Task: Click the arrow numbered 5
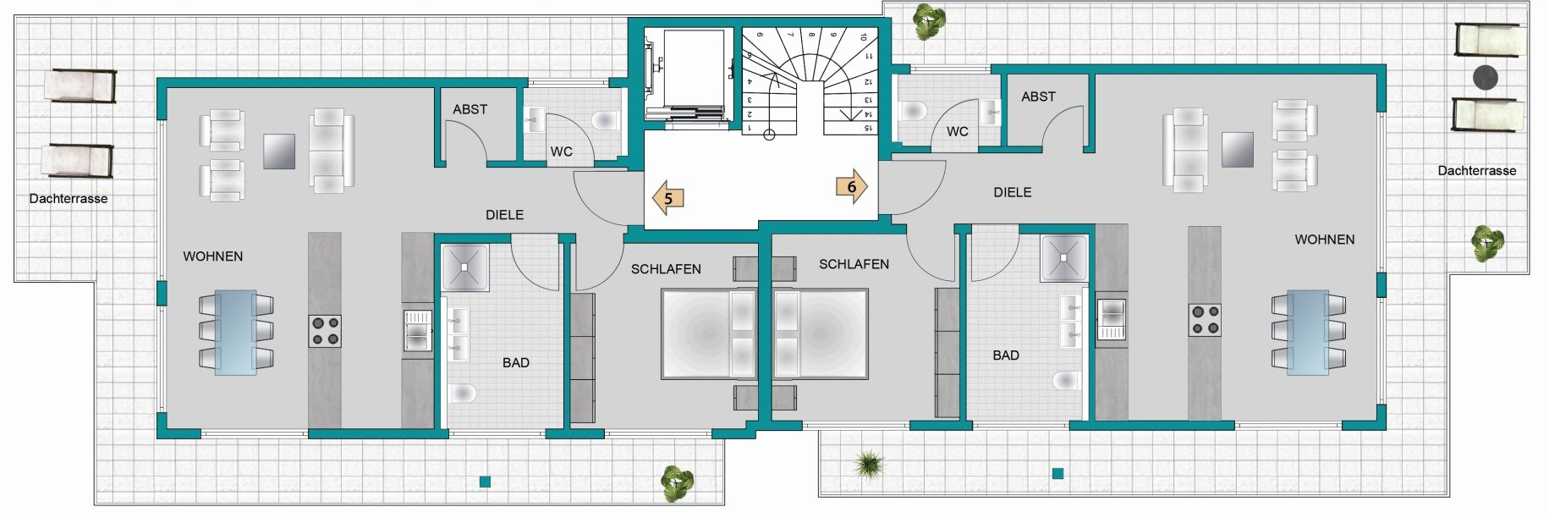click(x=667, y=198)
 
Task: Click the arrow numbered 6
click(x=852, y=187)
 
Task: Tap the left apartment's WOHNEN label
click(x=213, y=256)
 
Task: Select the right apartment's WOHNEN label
click(x=1325, y=240)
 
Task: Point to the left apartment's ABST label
click(x=470, y=109)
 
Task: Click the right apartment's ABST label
click(x=1039, y=96)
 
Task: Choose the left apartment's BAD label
click(x=516, y=362)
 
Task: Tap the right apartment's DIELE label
click(x=1013, y=192)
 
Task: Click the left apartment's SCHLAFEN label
click(x=666, y=269)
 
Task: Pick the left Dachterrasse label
click(x=69, y=199)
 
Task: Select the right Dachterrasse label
click(x=1477, y=171)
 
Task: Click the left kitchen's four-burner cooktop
click(x=324, y=331)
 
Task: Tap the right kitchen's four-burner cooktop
click(x=1205, y=320)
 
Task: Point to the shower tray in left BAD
click(x=464, y=267)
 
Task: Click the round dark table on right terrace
click(x=1486, y=78)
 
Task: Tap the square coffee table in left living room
click(x=279, y=152)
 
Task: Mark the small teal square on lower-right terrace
click(x=1057, y=474)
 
